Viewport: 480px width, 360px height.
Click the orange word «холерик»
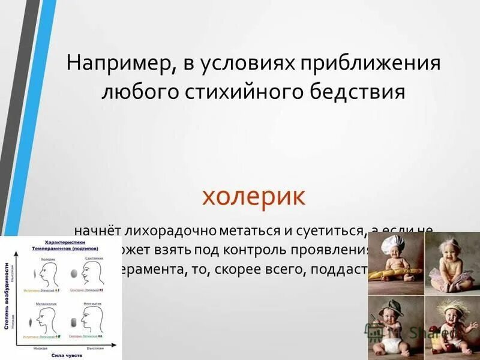tap(254, 196)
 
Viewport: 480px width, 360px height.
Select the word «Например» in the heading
tap(118, 63)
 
